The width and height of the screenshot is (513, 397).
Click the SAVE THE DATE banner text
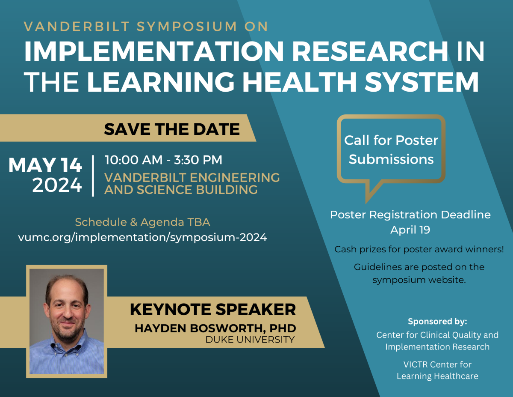[x=172, y=129]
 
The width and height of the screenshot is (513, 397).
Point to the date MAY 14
[x=45, y=165]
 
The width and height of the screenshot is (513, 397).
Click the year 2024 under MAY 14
[x=57, y=185]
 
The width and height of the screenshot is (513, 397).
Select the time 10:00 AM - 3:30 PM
[x=164, y=160]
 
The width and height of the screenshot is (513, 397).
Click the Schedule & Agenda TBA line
[x=143, y=222]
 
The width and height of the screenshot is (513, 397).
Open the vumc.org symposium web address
[x=143, y=237]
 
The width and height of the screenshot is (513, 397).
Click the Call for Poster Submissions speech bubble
[x=391, y=149]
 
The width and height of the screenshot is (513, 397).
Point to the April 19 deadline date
[x=410, y=230]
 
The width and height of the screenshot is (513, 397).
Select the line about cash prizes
[x=419, y=249]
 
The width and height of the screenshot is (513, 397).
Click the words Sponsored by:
[x=437, y=321]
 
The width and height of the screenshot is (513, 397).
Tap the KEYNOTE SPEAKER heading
[x=213, y=309]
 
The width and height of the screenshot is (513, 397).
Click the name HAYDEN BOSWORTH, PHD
[x=215, y=328]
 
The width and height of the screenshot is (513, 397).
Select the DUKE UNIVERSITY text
[x=250, y=340]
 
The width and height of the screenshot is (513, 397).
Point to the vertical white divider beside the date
[x=93, y=176]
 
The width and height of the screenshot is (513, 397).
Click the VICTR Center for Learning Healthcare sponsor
[x=437, y=370]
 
